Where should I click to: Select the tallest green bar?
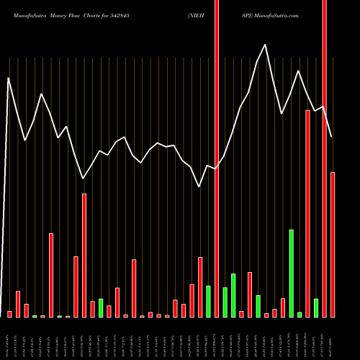pyautogui.click(x=292, y=274)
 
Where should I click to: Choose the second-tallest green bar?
pyautogui.click(x=233, y=295)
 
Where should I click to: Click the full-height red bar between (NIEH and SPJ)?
pyautogui.click(x=217, y=158)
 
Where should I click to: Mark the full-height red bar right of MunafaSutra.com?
pyautogui.click(x=325, y=158)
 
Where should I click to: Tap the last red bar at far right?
pyautogui.click(x=333, y=245)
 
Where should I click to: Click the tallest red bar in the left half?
pyautogui.click(x=84, y=256)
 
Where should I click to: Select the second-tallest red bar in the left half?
pyautogui.click(x=51, y=275)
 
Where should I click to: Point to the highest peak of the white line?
pyautogui.click(x=265, y=45)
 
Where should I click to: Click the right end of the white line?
pyautogui.click(x=332, y=137)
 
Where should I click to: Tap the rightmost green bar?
pyautogui.click(x=316, y=308)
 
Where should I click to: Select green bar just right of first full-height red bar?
pyautogui.click(x=225, y=302)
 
